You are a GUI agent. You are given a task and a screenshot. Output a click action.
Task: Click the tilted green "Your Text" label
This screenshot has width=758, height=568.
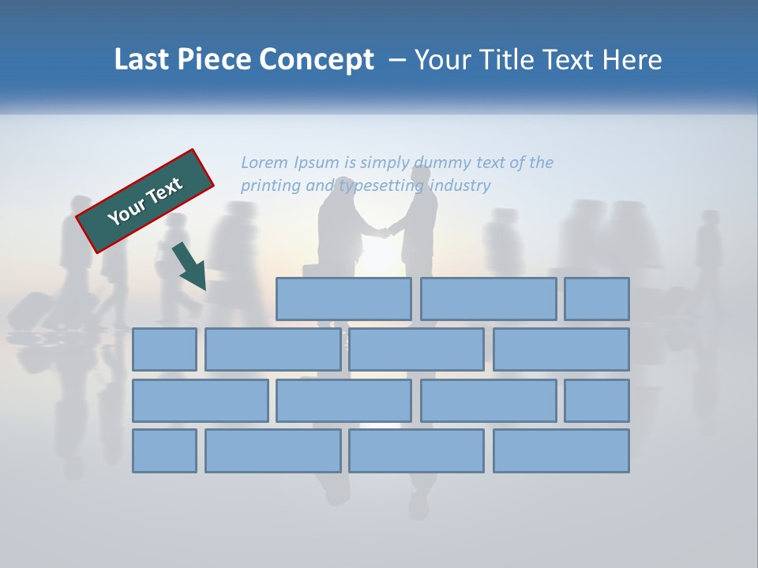point(144,200)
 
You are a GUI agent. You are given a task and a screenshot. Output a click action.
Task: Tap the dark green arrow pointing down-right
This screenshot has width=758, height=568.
point(190,267)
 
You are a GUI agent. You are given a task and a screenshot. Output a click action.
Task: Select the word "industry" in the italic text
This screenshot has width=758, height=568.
point(461,185)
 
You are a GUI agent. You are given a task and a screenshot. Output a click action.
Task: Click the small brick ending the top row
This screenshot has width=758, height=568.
point(597,299)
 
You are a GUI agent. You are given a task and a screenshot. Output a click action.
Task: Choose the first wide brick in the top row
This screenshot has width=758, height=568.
point(343,299)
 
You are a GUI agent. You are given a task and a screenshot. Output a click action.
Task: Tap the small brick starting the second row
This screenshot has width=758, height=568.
point(164,349)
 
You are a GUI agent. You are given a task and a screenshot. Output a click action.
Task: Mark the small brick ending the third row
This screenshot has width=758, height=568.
point(597,401)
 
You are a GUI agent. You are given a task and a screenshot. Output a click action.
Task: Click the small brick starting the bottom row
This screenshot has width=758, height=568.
point(164,451)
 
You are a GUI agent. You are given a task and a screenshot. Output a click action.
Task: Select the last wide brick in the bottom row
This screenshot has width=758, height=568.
point(561,451)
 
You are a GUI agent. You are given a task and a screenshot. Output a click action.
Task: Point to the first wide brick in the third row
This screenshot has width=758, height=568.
point(200,401)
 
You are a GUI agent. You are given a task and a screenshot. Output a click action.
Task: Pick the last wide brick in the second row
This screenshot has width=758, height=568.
point(561,349)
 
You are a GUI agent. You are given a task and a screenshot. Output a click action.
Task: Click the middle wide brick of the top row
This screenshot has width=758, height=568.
point(489,299)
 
